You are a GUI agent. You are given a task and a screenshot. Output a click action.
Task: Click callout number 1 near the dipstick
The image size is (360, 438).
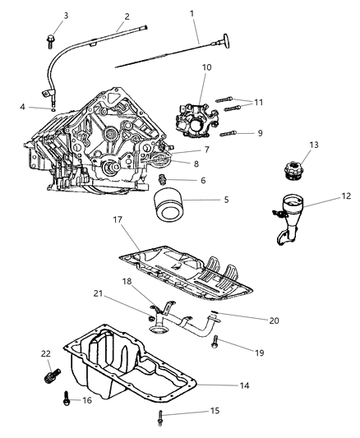click(192, 13)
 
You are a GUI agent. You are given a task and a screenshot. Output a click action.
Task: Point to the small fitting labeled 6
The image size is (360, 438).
click(163, 179)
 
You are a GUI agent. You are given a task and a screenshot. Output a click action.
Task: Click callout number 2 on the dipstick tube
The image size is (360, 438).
click(127, 16)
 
